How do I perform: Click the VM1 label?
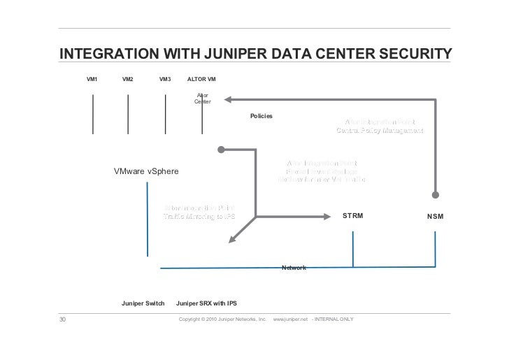pos(92,80)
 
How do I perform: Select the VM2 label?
pos(128,80)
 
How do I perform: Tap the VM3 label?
pos(165,80)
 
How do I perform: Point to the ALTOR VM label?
pos(201,80)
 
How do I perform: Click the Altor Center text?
pos(202,99)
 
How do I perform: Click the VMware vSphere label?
pos(146,171)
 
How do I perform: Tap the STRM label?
pos(352,217)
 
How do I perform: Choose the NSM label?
pos(436,217)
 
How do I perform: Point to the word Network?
pos(293,268)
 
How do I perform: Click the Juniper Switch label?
pos(143,303)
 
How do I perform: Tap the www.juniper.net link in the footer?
pos(291,319)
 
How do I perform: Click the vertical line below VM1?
pos(92,112)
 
